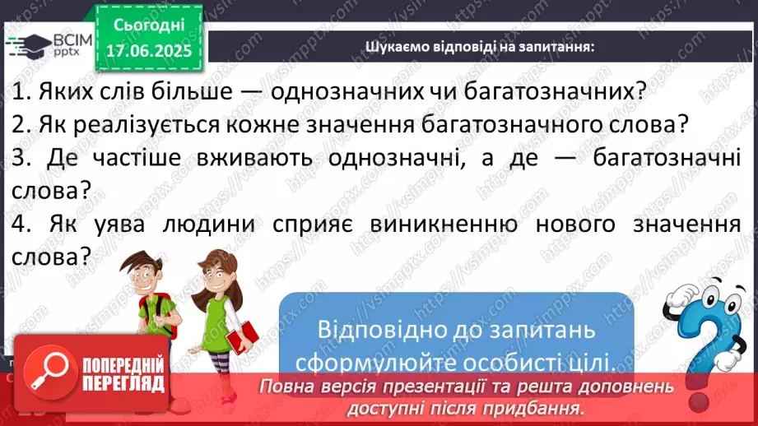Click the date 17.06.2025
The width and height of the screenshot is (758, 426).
pos(147,51)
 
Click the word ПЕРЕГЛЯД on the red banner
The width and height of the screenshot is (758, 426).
pos(123,384)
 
